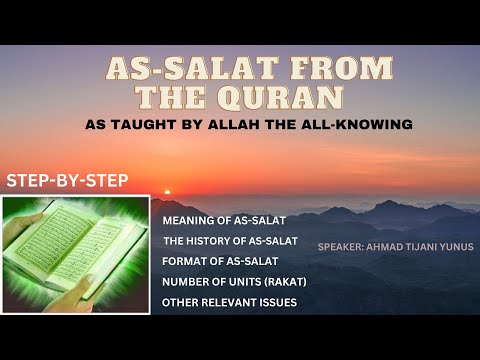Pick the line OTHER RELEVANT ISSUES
(229, 301)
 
